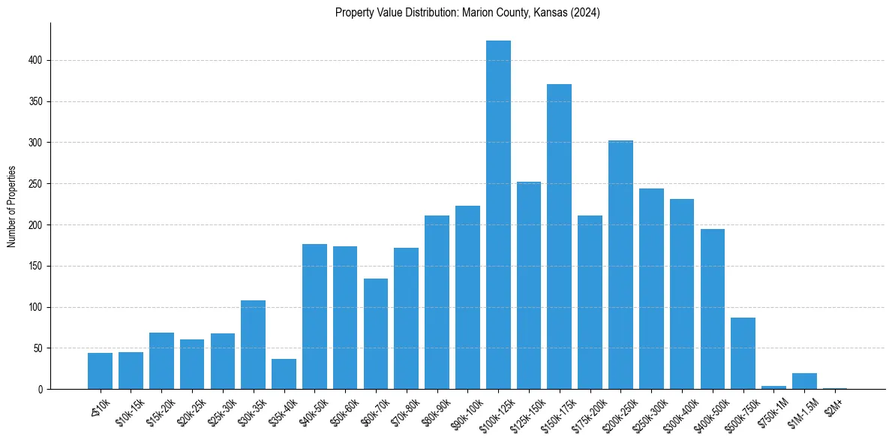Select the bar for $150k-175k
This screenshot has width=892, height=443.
[x=559, y=237]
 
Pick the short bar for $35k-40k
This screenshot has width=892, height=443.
[x=284, y=374]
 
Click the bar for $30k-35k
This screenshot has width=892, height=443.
[x=253, y=345]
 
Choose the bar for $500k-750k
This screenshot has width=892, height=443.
[x=743, y=354]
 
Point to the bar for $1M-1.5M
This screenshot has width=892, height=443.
[x=804, y=381]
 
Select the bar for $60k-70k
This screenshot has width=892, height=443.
[x=376, y=334]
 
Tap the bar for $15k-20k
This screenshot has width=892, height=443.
[x=161, y=361]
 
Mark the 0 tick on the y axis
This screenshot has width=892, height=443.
[x=42, y=389]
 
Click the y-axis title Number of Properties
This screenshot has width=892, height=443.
[x=11, y=206]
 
